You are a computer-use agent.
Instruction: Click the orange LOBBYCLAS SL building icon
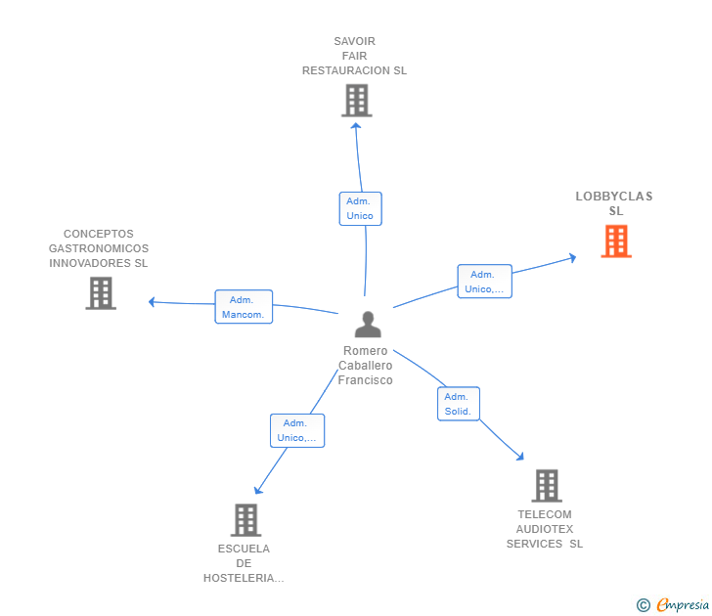(x=616, y=242)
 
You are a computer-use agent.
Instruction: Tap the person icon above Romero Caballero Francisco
(x=368, y=324)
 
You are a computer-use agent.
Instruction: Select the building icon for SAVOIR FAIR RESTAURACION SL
(x=357, y=101)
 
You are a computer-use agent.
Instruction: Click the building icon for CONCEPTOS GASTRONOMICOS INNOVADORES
(x=101, y=293)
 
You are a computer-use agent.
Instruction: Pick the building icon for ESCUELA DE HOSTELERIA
(x=246, y=520)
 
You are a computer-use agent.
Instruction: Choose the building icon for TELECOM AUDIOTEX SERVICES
(x=547, y=485)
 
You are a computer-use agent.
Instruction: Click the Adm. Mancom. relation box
(x=244, y=307)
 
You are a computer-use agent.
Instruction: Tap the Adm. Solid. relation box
(x=459, y=404)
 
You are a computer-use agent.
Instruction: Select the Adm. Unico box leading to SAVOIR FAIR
(x=361, y=209)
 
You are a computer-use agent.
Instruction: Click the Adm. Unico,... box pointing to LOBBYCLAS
(x=485, y=282)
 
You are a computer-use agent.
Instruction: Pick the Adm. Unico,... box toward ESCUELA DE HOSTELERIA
(x=297, y=431)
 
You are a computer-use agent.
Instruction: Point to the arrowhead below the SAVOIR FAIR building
(x=356, y=126)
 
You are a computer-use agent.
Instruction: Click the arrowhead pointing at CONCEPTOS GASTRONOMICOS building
(x=153, y=302)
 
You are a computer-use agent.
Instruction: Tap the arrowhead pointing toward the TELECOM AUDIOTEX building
(x=520, y=457)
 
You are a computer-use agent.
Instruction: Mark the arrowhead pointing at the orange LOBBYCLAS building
(x=573, y=258)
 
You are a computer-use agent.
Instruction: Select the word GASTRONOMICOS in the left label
(x=99, y=248)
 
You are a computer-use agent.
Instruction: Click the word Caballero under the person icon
(x=366, y=366)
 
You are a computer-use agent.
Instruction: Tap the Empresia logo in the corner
(x=673, y=604)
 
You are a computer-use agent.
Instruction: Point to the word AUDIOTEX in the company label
(x=545, y=529)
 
